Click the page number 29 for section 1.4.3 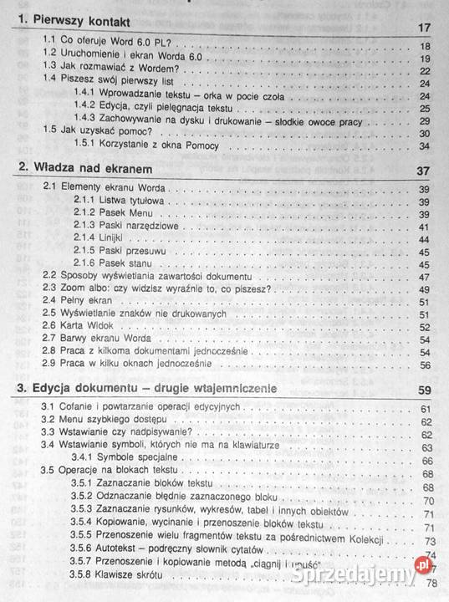click(424, 120)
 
